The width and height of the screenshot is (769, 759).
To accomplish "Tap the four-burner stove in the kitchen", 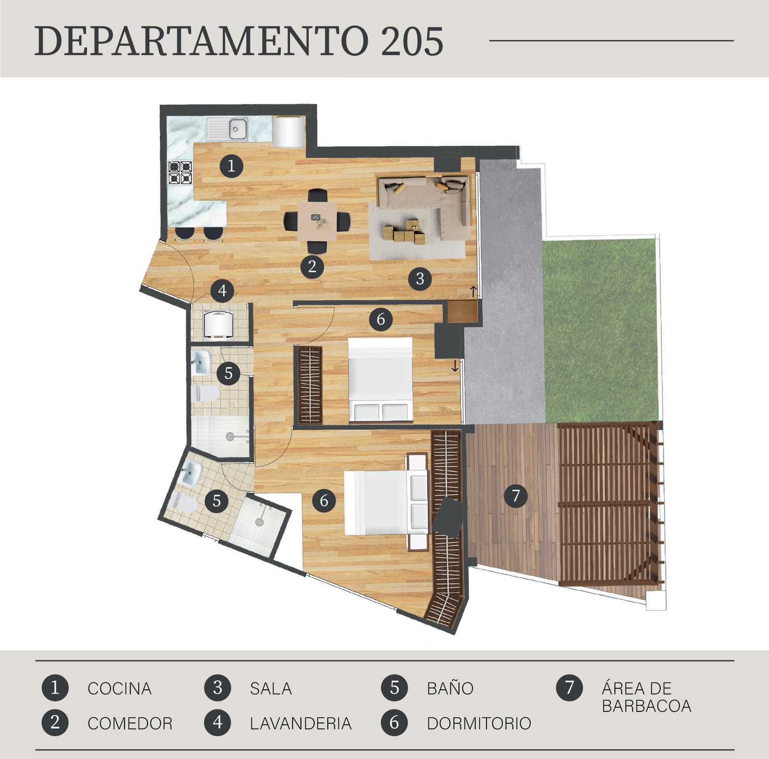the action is [x=180, y=173].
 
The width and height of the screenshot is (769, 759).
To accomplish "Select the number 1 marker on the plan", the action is [x=231, y=166].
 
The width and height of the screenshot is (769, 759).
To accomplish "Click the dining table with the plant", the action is [x=316, y=221].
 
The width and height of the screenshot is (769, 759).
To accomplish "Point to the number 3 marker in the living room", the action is [x=420, y=278].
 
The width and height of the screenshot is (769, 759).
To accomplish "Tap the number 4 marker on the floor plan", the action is [x=222, y=290].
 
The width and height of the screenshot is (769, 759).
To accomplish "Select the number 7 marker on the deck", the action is [x=516, y=495].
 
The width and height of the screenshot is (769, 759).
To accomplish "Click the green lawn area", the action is [x=600, y=330].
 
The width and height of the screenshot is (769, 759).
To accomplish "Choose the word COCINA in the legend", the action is [x=120, y=688].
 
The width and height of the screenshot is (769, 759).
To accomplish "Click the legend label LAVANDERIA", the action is [x=301, y=723].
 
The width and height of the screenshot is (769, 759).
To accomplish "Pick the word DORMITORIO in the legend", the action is [x=479, y=723].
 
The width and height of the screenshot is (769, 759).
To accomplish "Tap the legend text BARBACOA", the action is [x=646, y=706].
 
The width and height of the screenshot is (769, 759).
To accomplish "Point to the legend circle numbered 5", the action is [x=394, y=688].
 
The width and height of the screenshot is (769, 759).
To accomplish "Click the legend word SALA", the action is [x=271, y=688].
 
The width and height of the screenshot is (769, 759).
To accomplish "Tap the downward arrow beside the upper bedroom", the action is [x=455, y=366].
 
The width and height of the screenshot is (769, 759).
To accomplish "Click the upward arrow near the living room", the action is [x=473, y=291].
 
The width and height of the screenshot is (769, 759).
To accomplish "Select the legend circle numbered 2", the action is [x=55, y=722].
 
